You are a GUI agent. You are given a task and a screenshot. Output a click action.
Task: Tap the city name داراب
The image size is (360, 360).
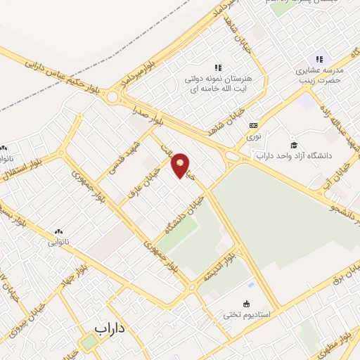pyautogui.click(x=110, y=328)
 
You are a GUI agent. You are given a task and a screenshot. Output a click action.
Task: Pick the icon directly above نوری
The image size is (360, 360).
pyautogui.click(x=252, y=125)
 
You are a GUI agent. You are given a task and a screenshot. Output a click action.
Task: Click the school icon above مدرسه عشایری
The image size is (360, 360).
pyautogui.click(x=319, y=59)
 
